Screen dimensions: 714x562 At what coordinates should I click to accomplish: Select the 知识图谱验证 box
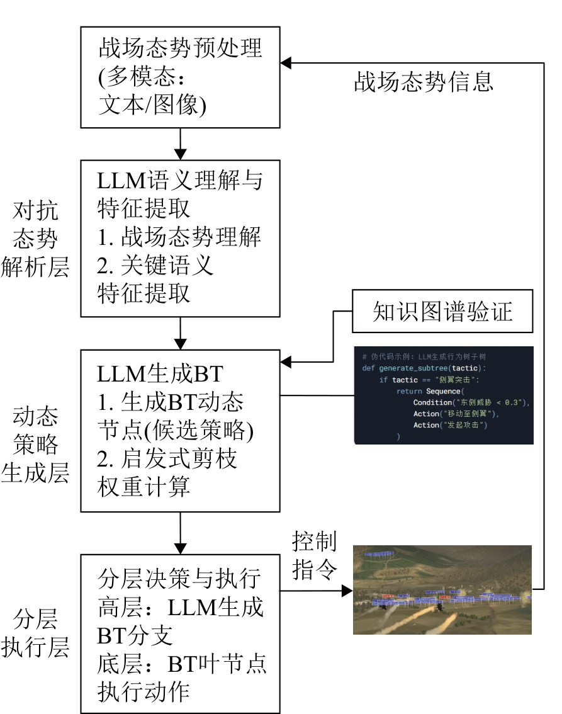click(442, 312)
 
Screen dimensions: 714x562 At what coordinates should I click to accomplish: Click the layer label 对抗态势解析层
click(35, 239)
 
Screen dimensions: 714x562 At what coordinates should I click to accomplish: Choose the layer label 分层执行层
click(35, 633)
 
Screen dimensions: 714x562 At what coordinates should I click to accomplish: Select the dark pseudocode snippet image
click(444, 395)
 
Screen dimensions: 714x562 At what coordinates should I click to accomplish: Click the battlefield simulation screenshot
click(442, 589)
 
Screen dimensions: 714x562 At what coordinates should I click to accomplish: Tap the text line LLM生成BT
click(160, 374)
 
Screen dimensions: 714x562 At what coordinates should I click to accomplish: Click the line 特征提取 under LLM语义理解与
click(144, 209)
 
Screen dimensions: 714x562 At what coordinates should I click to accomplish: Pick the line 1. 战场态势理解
click(179, 237)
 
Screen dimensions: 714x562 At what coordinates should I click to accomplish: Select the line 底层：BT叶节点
click(183, 664)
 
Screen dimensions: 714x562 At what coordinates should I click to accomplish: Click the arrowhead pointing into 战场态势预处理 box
click(286, 63)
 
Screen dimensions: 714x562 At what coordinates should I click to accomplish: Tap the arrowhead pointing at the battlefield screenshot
click(346, 591)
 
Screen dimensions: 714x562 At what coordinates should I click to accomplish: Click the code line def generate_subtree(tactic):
click(424, 368)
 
